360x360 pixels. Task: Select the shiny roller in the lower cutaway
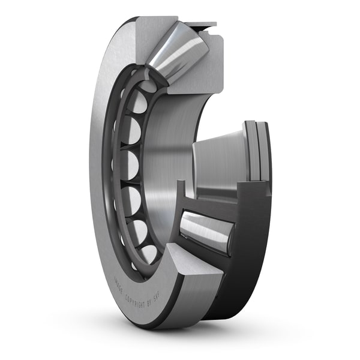point(207,230)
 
